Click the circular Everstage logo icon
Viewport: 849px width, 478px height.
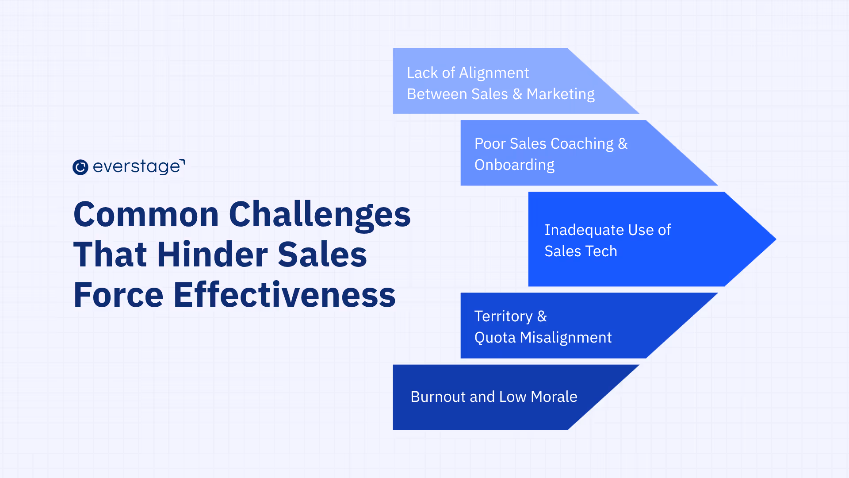[80, 167]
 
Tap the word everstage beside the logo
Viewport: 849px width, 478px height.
[137, 167]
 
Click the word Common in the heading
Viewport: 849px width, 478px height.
[146, 215]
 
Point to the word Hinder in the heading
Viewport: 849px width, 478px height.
[212, 254]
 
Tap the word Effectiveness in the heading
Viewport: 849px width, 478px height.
[284, 295]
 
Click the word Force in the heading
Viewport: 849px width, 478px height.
[119, 295]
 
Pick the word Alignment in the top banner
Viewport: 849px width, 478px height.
[494, 73]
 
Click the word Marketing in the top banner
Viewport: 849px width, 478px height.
[560, 94]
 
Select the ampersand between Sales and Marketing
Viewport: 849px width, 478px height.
[517, 94]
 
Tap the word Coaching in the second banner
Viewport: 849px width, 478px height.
[582, 144]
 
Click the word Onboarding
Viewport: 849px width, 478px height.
[514, 165]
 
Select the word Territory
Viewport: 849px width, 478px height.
[503, 316]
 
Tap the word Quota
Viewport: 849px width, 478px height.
[495, 338]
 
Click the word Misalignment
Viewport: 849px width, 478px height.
[566, 338]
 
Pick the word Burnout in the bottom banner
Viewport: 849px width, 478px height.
[438, 397]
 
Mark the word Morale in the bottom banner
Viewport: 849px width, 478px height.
[554, 397]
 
